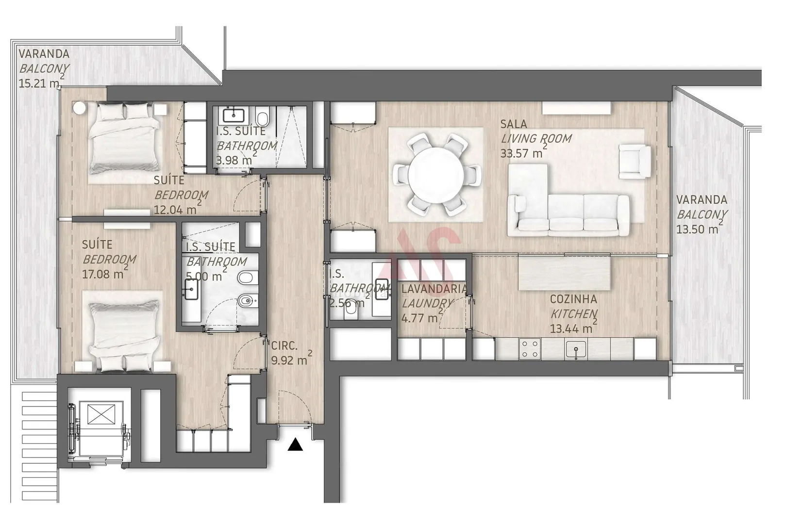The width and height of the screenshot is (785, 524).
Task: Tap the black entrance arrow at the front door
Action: pos(295,444)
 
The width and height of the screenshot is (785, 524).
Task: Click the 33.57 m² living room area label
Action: pos(521,153)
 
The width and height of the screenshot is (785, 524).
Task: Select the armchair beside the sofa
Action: pos(635,161)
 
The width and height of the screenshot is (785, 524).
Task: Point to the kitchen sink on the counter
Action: pos(576,349)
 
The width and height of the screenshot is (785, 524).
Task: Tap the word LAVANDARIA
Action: pos(434,289)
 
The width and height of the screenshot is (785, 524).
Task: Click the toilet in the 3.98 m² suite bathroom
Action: pos(263,119)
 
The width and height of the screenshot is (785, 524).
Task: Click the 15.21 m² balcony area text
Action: pos(39,83)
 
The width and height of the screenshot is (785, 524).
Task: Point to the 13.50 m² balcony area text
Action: pos(697,229)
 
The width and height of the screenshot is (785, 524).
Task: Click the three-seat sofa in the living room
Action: pos(568,213)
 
